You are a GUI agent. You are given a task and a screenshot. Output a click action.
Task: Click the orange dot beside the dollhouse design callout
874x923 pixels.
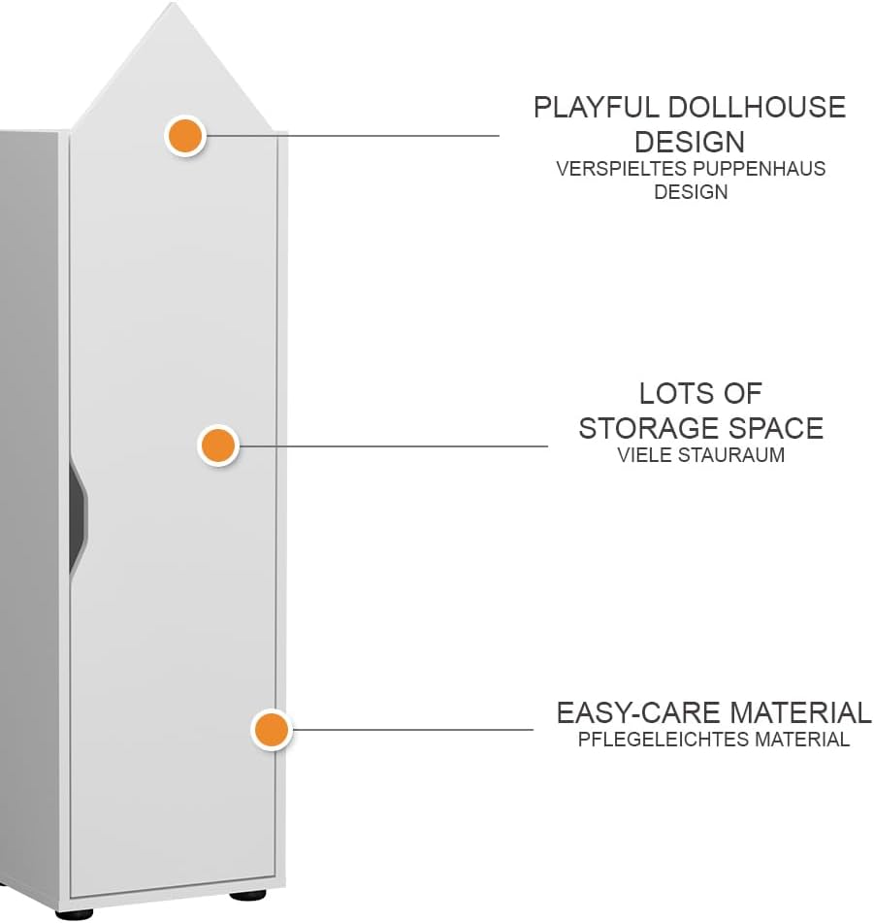[185, 136]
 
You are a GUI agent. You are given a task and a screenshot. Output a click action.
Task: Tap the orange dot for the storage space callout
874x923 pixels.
[218, 445]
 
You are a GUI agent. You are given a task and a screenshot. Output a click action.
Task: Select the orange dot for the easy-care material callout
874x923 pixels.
[272, 730]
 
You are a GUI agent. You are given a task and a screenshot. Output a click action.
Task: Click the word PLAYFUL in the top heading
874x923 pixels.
[597, 108]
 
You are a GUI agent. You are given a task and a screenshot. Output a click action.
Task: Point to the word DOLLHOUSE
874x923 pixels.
[757, 108]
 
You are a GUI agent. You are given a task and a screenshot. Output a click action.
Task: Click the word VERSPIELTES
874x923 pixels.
[622, 169]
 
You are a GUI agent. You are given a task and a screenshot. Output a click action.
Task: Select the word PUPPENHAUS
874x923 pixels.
[759, 169]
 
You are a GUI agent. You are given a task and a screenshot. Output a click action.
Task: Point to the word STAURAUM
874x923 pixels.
[731, 455]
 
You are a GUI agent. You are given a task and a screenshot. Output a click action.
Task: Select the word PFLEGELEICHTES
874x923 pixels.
[664, 740]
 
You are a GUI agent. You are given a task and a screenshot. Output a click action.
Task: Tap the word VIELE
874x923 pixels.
[645, 455]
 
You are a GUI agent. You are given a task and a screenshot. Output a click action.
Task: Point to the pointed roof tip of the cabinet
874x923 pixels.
[173, 3]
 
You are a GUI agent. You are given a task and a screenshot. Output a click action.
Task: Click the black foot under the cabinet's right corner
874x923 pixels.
[247, 896]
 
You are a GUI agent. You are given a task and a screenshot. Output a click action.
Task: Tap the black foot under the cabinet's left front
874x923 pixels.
[74, 914]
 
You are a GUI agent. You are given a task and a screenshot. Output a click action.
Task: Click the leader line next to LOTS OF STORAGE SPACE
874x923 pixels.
[392, 446]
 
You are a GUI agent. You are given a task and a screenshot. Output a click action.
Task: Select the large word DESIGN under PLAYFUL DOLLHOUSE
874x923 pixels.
[690, 142]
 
